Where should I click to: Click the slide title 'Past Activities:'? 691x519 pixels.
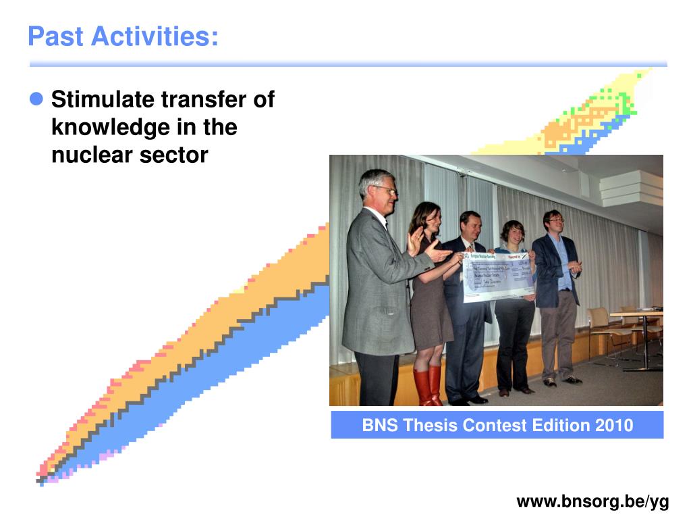pyautogui.click(x=123, y=36)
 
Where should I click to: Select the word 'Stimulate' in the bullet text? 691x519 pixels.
pyautogui.click(x=103, y=100)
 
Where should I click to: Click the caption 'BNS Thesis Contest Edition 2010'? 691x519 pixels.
pyautogui.click(x=497, y=425)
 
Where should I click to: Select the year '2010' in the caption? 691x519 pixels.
pyautogui.click(x=614, y=425)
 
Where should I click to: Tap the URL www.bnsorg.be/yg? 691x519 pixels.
pyautogui.click(x=592, y=501)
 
